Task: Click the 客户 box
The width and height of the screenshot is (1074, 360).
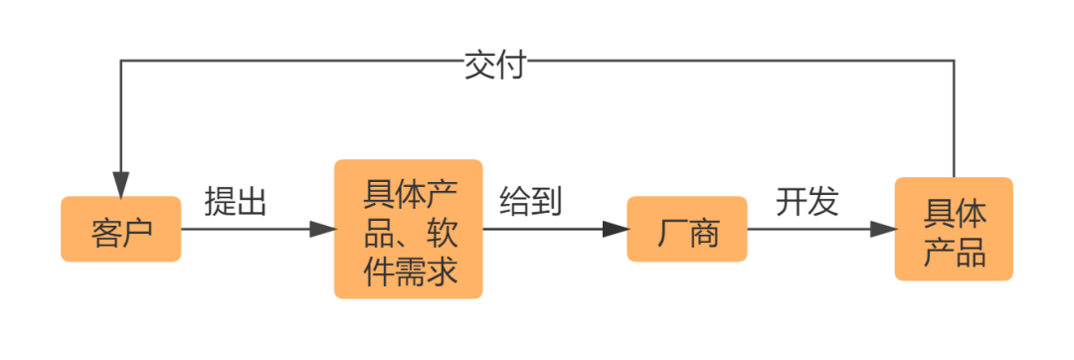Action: [x=120, y=230]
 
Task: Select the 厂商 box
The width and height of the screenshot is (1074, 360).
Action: [x=686, y=230]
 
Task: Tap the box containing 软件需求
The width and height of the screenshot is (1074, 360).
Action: [x=408, y=230]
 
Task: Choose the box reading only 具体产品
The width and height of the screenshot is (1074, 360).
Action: [x=954, y=230]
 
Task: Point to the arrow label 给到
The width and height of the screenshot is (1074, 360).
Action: [x=530, y=203]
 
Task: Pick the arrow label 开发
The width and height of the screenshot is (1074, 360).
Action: [x=806, y=203]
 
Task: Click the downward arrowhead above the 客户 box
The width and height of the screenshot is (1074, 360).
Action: [x=120, y=184]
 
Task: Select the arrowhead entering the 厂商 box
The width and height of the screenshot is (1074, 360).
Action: [x=617, y=230]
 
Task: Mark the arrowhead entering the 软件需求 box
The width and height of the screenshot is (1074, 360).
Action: [x=323, y=230]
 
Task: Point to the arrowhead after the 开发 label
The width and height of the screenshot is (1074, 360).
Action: [x=883, y=230]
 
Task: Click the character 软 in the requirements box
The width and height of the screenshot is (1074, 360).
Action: [x=440, y=230]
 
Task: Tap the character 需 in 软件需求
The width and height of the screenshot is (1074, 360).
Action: [x=408, y=269]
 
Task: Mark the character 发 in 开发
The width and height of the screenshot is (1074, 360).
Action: [x=822, y=203]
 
